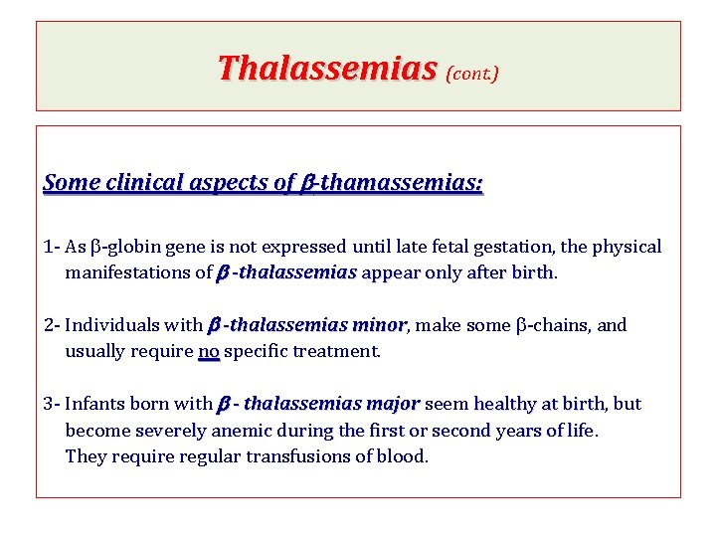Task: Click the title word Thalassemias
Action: point(327,68)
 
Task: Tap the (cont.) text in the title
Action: point(472,73)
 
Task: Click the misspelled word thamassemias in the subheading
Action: point(402,183)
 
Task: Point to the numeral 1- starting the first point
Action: point(53,247)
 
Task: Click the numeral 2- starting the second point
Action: point(53,325)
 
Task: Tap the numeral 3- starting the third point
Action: point(53,404)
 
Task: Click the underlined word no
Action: point(209,351)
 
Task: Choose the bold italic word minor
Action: point(379,325)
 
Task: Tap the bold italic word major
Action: point(392,404)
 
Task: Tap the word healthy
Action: point(502,404)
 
